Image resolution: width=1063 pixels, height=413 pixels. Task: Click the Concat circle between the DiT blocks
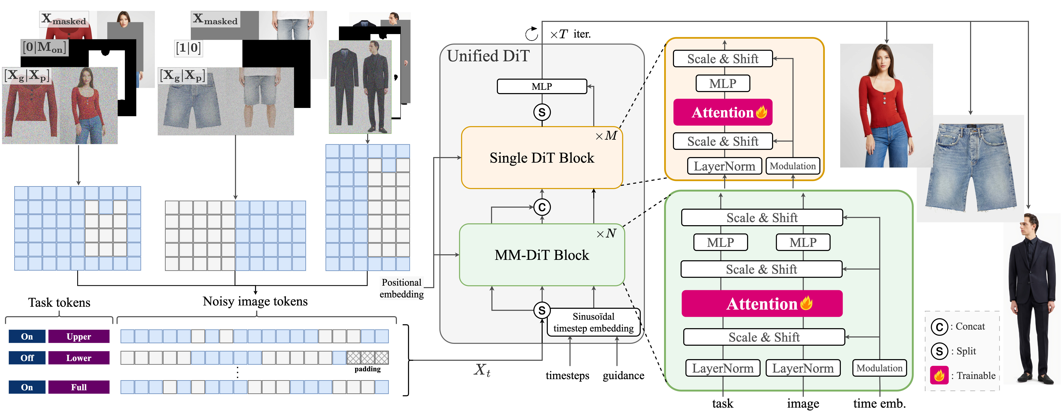click(x=542, y=207)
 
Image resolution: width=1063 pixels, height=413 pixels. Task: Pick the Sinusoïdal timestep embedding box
click(x=593, y=322)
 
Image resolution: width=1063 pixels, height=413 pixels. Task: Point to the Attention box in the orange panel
click(x=723, y=112)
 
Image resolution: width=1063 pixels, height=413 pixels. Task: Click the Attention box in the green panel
click(x=762, y=304)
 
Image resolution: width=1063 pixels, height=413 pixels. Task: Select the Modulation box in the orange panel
click(x=793, y=166)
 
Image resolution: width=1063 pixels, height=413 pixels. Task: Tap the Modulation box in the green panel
click(x=879, y=368)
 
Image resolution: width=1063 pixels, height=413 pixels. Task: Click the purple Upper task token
click(x=79, y=337)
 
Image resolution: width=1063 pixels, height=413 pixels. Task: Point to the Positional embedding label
click(x=401, y=288)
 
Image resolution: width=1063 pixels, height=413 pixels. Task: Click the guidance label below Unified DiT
click(x=623, y=375)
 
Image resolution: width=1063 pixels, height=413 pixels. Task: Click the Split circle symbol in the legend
click(x=939, y=351)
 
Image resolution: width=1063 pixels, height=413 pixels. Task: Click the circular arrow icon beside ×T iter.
click(x=531, y=34)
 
